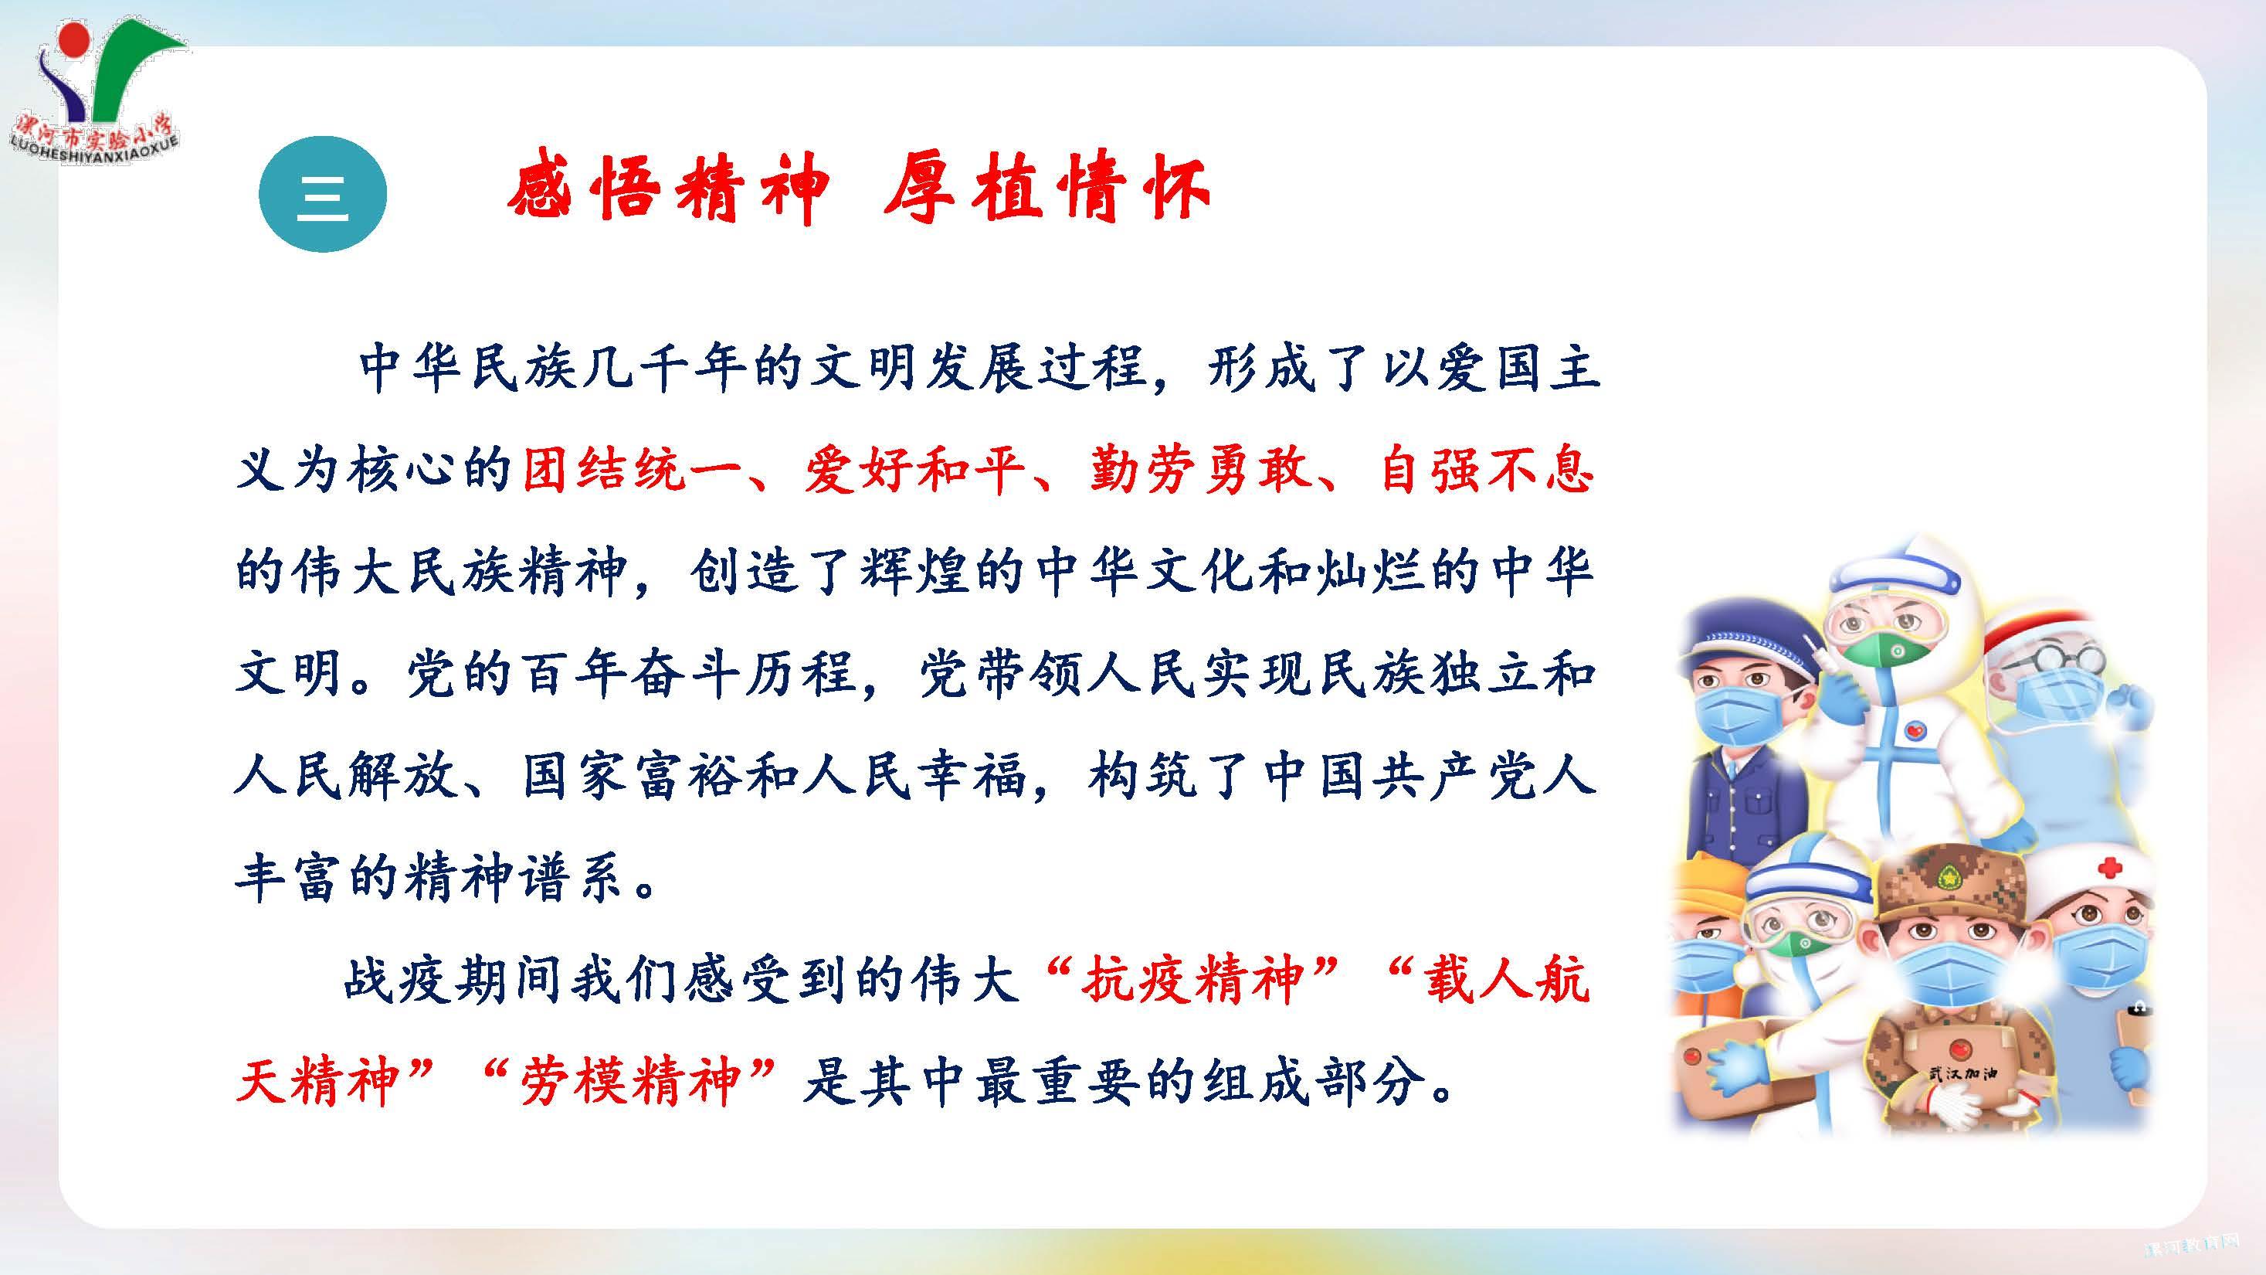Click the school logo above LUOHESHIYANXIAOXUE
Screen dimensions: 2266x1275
pyautogui.click(x=106, y=75)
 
